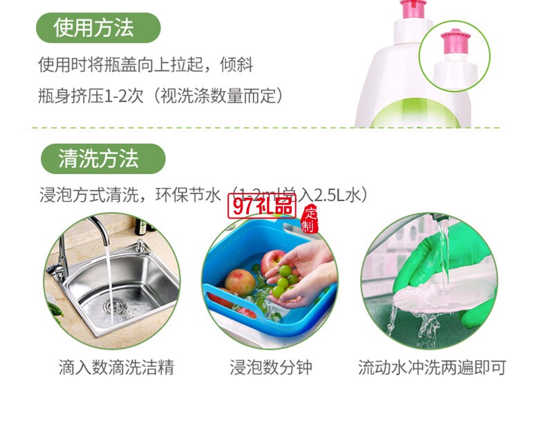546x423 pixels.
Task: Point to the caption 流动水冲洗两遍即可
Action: point(431,366)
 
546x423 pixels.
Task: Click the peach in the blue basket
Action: point(241,283)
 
